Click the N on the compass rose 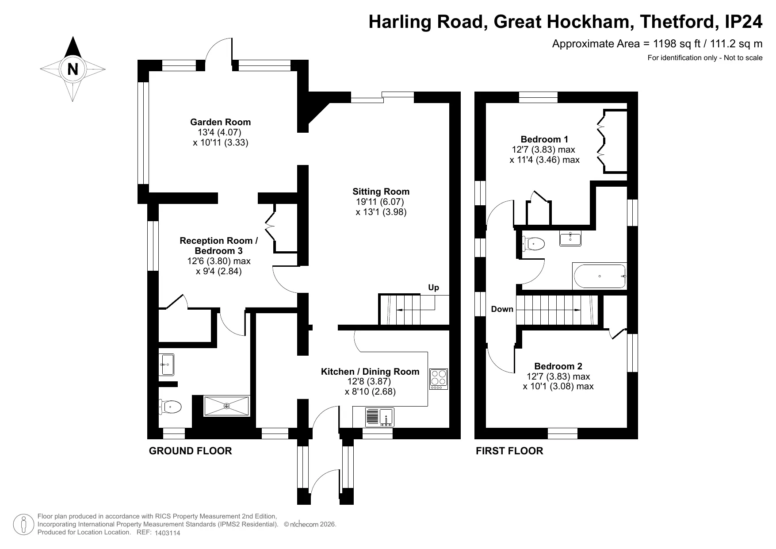tap(73, 69)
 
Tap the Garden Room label tap(220, 122)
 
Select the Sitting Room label tap(381, 192)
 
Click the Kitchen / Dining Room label tap(370, 372)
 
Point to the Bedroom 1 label tap(544, 139)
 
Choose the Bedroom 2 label tap(558, 366)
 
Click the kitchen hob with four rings tap(439, 379)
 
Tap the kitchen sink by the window tap(379, 417)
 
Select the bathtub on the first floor tap(600, 276)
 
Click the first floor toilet tap(533, 243)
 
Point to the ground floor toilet tap(170, 407)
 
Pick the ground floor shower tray tap(226, 406)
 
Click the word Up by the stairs tap(433, 288)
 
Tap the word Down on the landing tap(502, 309)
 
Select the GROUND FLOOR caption tap(190, 451)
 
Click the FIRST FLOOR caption tap(509, 451)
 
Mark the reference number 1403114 tap(168, 533)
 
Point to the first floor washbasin tap(570, 238)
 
